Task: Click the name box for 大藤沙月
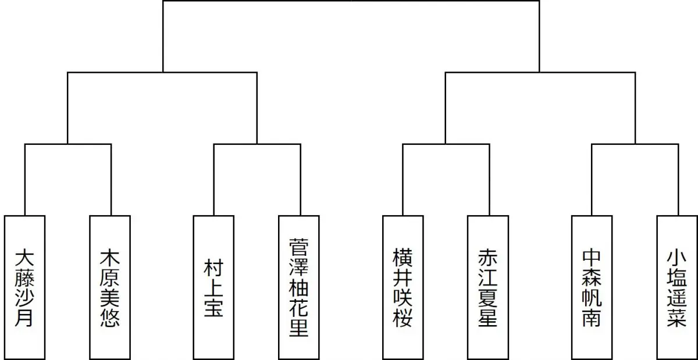[25, 287]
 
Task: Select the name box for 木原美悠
[110, 287]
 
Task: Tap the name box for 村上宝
[213, 287]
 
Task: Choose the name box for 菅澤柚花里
[299, 287]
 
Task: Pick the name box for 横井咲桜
[403, 287]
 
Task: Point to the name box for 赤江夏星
[488, 287]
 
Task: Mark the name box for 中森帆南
[592, 287]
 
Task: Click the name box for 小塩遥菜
[677, 287]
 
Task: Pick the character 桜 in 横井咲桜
[403, 317]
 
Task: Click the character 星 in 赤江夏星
[488, 317]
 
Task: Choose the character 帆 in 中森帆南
[592, 297]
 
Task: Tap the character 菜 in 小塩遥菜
[677, 317]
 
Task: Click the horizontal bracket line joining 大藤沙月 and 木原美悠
[67, 144]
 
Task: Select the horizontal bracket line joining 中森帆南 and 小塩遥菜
[635, 144]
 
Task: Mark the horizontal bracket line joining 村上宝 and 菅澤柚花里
[257, 144]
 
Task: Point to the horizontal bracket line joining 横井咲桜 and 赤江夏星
[446, 144]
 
